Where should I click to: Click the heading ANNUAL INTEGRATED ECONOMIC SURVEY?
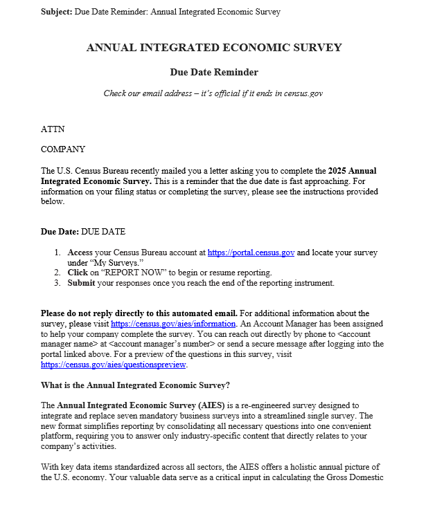point(213,48)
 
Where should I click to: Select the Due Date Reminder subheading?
point(213,72)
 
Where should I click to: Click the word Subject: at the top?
point(56,12)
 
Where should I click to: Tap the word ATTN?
point(53,129)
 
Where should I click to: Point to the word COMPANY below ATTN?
point(63,149)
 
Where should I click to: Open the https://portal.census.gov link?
point(251,253)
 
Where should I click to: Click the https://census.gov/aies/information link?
point(174,323)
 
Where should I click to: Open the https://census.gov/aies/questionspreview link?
point(114,365)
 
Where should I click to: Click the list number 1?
point(58,253)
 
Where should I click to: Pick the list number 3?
point(58,283)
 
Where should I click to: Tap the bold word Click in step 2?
point(78,273)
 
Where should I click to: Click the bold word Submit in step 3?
point(81,283)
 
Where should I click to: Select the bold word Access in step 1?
point(81,253)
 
